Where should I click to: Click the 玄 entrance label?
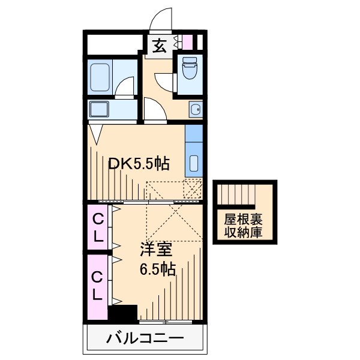159,46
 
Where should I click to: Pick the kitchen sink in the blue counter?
194,163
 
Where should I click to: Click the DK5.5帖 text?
138,163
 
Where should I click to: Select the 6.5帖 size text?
157,269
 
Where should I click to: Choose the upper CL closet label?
98,227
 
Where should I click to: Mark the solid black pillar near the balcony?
123,314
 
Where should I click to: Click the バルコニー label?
145,339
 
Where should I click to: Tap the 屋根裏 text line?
243,219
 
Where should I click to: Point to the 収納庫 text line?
243,232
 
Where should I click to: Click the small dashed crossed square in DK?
193,190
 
